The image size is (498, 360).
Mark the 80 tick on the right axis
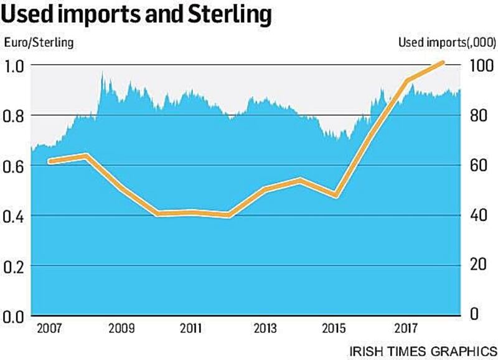[x=479, y=116]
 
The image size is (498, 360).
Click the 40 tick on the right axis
[x=479, y=216]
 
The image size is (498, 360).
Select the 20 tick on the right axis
[x=479, y=264]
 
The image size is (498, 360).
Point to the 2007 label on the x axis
[x=50, y=328]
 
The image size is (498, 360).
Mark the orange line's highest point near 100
[x=442, y=62]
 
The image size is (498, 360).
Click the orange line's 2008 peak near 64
[x=87, y=155]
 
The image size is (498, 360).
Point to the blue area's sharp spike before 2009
[x=102, y=73]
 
